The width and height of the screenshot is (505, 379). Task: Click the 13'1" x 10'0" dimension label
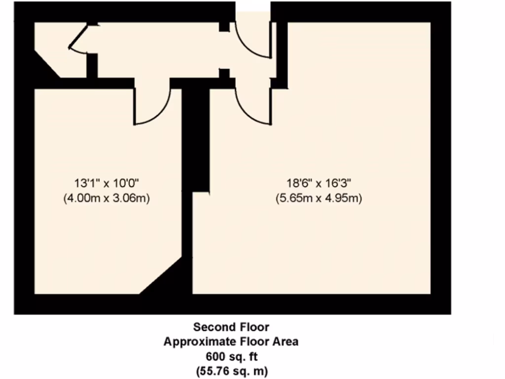click(x=107, y=183)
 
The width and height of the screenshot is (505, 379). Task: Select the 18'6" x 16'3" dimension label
click(x=319, y=183)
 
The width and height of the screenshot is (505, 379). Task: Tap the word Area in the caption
click(x=286, y=341)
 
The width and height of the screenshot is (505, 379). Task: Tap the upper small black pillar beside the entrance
click(x=224, y=27)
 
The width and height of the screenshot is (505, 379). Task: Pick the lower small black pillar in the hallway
click(x=224, y=74)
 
